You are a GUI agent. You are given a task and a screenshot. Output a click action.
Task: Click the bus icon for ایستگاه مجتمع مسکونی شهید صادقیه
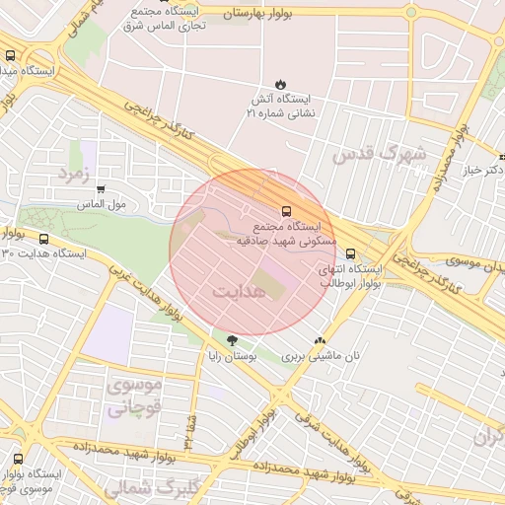[x=286, y=211]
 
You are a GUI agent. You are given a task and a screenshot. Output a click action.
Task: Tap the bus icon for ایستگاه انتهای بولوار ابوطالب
[x=350, y=254]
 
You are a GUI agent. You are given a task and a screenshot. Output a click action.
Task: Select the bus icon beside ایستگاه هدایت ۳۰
[x=42, y=239]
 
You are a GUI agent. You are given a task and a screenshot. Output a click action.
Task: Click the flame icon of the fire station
[x=281, y=85]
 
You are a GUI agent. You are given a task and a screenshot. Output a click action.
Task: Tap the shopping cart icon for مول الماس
[x=101, y=189]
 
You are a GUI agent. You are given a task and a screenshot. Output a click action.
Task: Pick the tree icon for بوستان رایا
[x=232, y=341]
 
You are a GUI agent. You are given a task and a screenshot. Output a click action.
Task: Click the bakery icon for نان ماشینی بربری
[x=319, y=341]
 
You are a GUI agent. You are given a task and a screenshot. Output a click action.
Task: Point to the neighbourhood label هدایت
[x=240, y=293]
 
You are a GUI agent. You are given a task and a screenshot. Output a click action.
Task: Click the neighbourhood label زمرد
[x=73, y=175]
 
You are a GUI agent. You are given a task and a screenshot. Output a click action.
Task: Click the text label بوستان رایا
[x=236, y=356]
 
